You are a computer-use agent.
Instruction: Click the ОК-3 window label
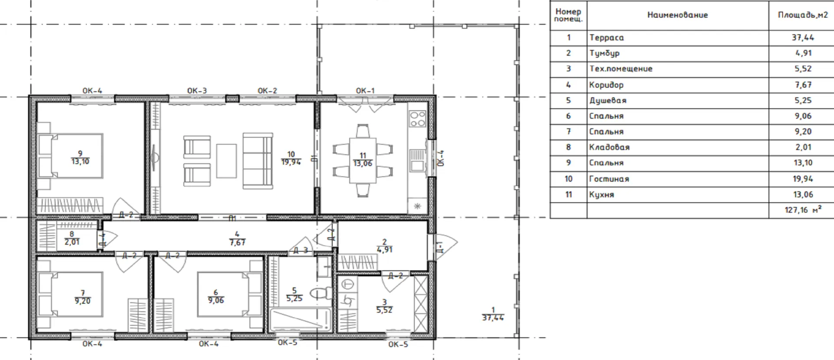pyautogui.click(x=197, y=91)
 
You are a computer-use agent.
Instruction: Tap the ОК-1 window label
pyautogui.click(x=365, y=91)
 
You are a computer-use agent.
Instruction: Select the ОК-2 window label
pyautogui.click(x=267, y=91)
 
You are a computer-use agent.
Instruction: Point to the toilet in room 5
pyautogui.click(x=321, y=293)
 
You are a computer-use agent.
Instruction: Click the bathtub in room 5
pyautogui.click(x=300, y=320)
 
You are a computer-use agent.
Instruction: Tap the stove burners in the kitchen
pyautogui.click(x=417, y=119)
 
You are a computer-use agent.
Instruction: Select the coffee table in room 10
pyautogui.click(x=226, y=161)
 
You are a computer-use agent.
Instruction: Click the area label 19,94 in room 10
pyautogui.click(x=291, y=162)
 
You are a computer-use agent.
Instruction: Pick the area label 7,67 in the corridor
pyautogui.click(x=237, y=243)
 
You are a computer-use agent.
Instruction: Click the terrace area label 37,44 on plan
pyautogui.click(x=493, y=318)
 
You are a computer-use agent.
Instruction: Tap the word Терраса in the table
pyautogui.click(x=606, y=38)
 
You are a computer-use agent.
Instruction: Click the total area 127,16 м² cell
pyautogui.click(x=803, y=210)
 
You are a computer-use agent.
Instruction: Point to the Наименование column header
pyautogui.click(x=677, y=15)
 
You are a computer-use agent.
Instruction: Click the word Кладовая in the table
pyautogui.click(x=609, y=147)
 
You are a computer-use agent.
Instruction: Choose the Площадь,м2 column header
pyautogui.click(x=803, y=15)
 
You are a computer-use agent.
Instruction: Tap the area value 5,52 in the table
pyautogui.click(x=803, y=69)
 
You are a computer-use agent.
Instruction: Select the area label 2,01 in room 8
pyautogui.click(x=72, y=242)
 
